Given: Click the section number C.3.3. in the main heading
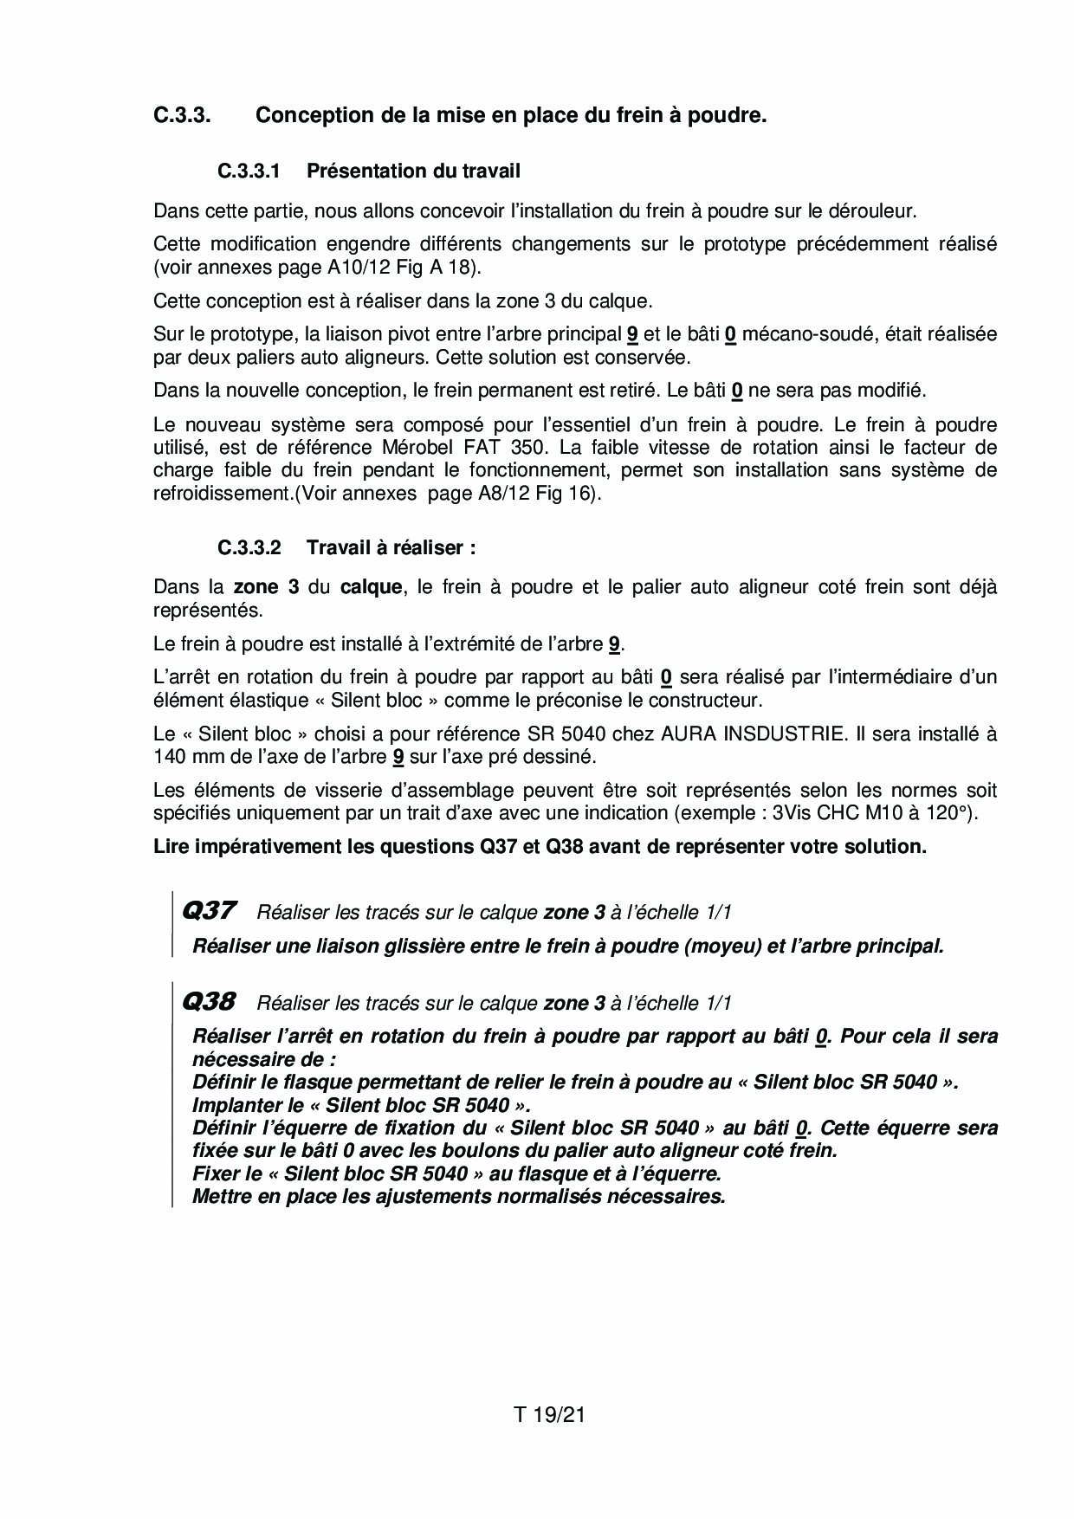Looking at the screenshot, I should [x=182, y=115].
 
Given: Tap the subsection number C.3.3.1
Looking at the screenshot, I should [x=249, y=171].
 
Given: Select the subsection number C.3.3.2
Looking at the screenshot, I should [x=249, y=547].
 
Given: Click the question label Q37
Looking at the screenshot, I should [x=208, y=910].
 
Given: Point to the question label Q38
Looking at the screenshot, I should [x=208, y=1001].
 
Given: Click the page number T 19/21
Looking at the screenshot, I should [x=550, y=1415].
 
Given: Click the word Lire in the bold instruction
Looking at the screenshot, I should [x=171, y=846].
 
